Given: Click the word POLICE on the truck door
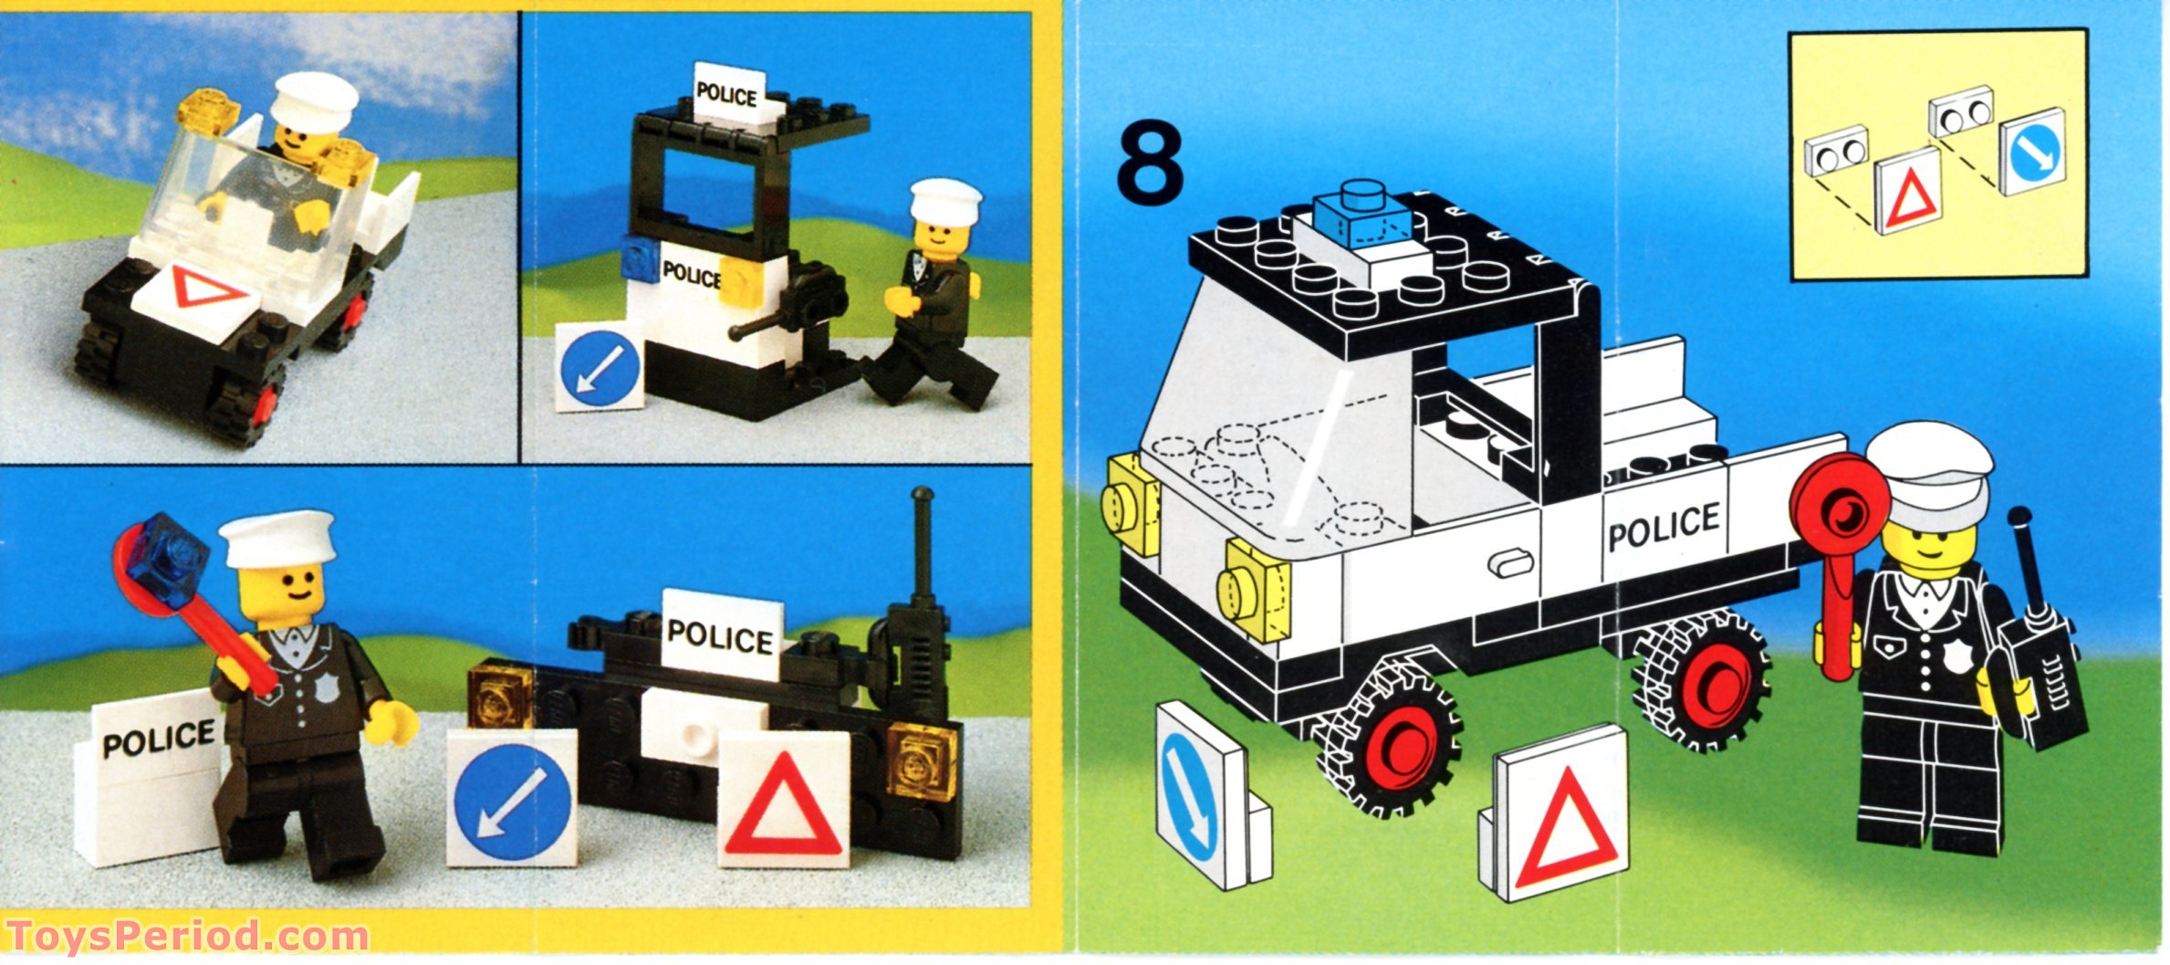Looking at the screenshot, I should [x=1663, y=527].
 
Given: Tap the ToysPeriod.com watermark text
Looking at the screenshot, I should [x=187, y=937].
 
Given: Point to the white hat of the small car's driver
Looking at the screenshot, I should [x=315, y=100].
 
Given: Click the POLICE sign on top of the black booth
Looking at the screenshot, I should [x=727, y=93].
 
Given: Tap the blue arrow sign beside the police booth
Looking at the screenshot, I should [x=599, y=368].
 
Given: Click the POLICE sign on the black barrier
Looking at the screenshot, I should [x=721, y=635].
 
